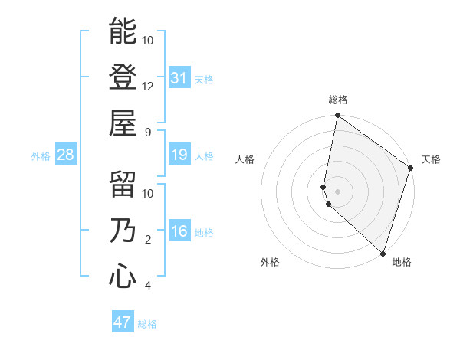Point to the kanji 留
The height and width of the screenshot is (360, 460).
pyautogui.click(x=123, y=185)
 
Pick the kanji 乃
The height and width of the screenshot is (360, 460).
pyautogui.click(x=123, y=231)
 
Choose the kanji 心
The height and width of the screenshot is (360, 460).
pyautogui.click(x=123, y=277)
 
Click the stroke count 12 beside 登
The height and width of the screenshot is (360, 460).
pyautogui.click(x=148, y=86)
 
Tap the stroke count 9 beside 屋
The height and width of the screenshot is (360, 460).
pyautogui.click(x=148, y=132)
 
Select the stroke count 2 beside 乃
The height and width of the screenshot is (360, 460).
pyautogui.click(x=148, y=241)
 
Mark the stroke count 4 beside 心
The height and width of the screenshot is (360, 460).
pyautogui.click(x=148, y=286)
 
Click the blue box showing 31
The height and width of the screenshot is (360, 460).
pyautogui.click(x=179, y=77)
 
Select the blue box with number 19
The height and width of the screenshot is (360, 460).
pyautogui.click(x=179, y=155)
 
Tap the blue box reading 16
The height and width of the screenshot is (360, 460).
pyautogui.click(x=179, y=231)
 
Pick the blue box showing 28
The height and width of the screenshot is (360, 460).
pyautogui.click(x=66, y=155)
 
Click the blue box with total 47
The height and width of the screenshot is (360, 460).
pyautogui.click(x=123, y=322)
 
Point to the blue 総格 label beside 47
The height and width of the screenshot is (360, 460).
pyautogui.click(x=147, y=324)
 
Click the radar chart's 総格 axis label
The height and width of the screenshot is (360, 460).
pyautogui.click(x=338, y=100)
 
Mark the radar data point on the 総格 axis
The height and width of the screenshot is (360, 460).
pyautogui.click(x=337, y=116)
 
